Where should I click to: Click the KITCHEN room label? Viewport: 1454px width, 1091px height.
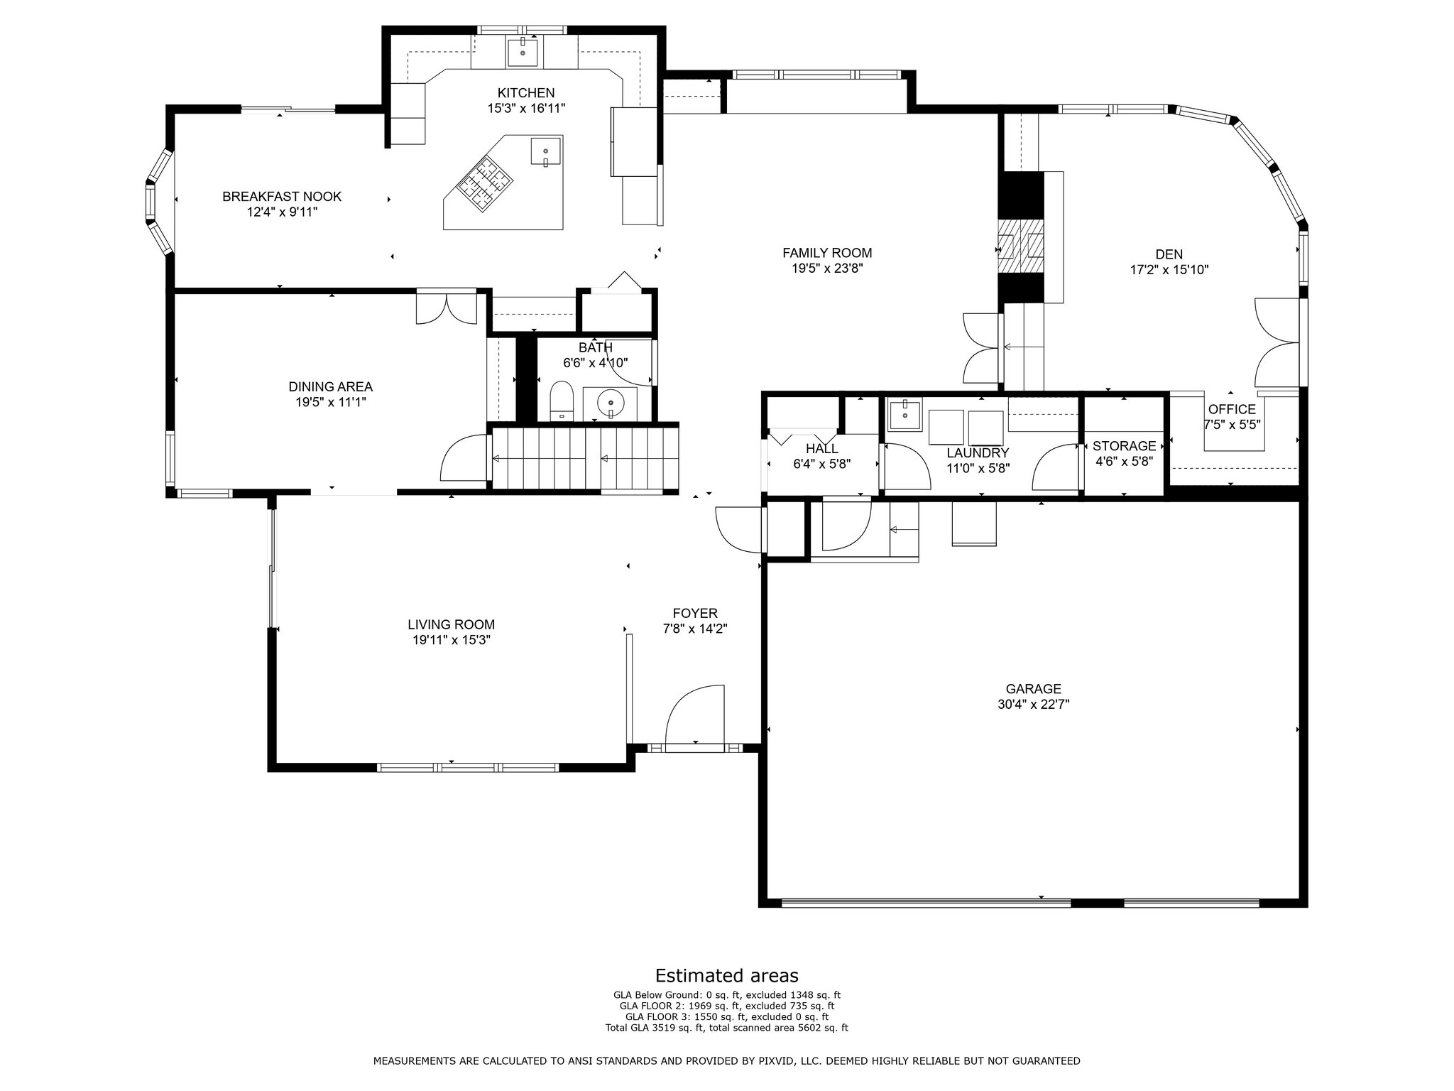tap(525, 93)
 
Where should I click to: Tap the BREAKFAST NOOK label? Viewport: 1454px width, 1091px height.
tap(282, 197)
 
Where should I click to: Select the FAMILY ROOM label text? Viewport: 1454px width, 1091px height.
tap(827, 253)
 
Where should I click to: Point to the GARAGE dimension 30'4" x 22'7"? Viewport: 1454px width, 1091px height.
tap(1033, 705)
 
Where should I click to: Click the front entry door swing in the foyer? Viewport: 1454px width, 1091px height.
tap(695, 715)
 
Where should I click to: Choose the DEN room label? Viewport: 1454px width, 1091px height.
tap(1169, 254)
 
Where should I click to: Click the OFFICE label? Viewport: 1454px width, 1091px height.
tap(1232, 409)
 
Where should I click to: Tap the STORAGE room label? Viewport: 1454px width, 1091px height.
tap(1124, 446)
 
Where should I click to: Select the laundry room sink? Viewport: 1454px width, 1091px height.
tap(904, 414)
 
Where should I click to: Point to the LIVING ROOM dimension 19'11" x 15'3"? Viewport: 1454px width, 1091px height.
tap(452, 640)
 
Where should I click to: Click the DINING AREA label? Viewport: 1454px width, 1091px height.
tap(330, 387)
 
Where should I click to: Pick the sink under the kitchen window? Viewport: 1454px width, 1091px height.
tap(522, 51)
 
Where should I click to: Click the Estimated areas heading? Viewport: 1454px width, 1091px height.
tap(726, 975)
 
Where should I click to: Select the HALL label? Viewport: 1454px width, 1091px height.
tap(821, 449)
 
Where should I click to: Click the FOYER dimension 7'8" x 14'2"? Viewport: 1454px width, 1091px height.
tap(695, 629)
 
